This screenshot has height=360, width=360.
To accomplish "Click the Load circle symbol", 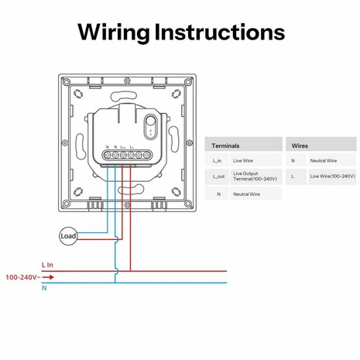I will (68, 235).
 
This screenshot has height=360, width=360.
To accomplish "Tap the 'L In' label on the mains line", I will (48, 265).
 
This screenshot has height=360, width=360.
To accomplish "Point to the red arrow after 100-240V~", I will (46, 276).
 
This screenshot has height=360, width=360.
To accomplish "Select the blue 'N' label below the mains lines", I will (44, 288).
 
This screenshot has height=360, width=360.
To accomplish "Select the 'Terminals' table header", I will (225, 145).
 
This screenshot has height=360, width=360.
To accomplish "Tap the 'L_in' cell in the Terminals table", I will (218, 160).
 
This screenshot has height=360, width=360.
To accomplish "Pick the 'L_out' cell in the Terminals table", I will (218, 177).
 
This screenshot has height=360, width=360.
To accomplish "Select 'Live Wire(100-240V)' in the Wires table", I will (332, 177).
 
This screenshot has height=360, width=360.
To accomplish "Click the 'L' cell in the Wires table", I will (293, 177).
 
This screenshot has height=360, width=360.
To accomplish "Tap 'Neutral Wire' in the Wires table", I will (323, 160).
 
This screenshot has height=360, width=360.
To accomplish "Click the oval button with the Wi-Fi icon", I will (152, 123).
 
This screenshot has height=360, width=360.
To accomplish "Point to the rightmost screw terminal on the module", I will (142, 155).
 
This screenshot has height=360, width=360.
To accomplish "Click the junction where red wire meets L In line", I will (131, 271).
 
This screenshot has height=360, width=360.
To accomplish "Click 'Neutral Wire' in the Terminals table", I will (246, 194).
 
